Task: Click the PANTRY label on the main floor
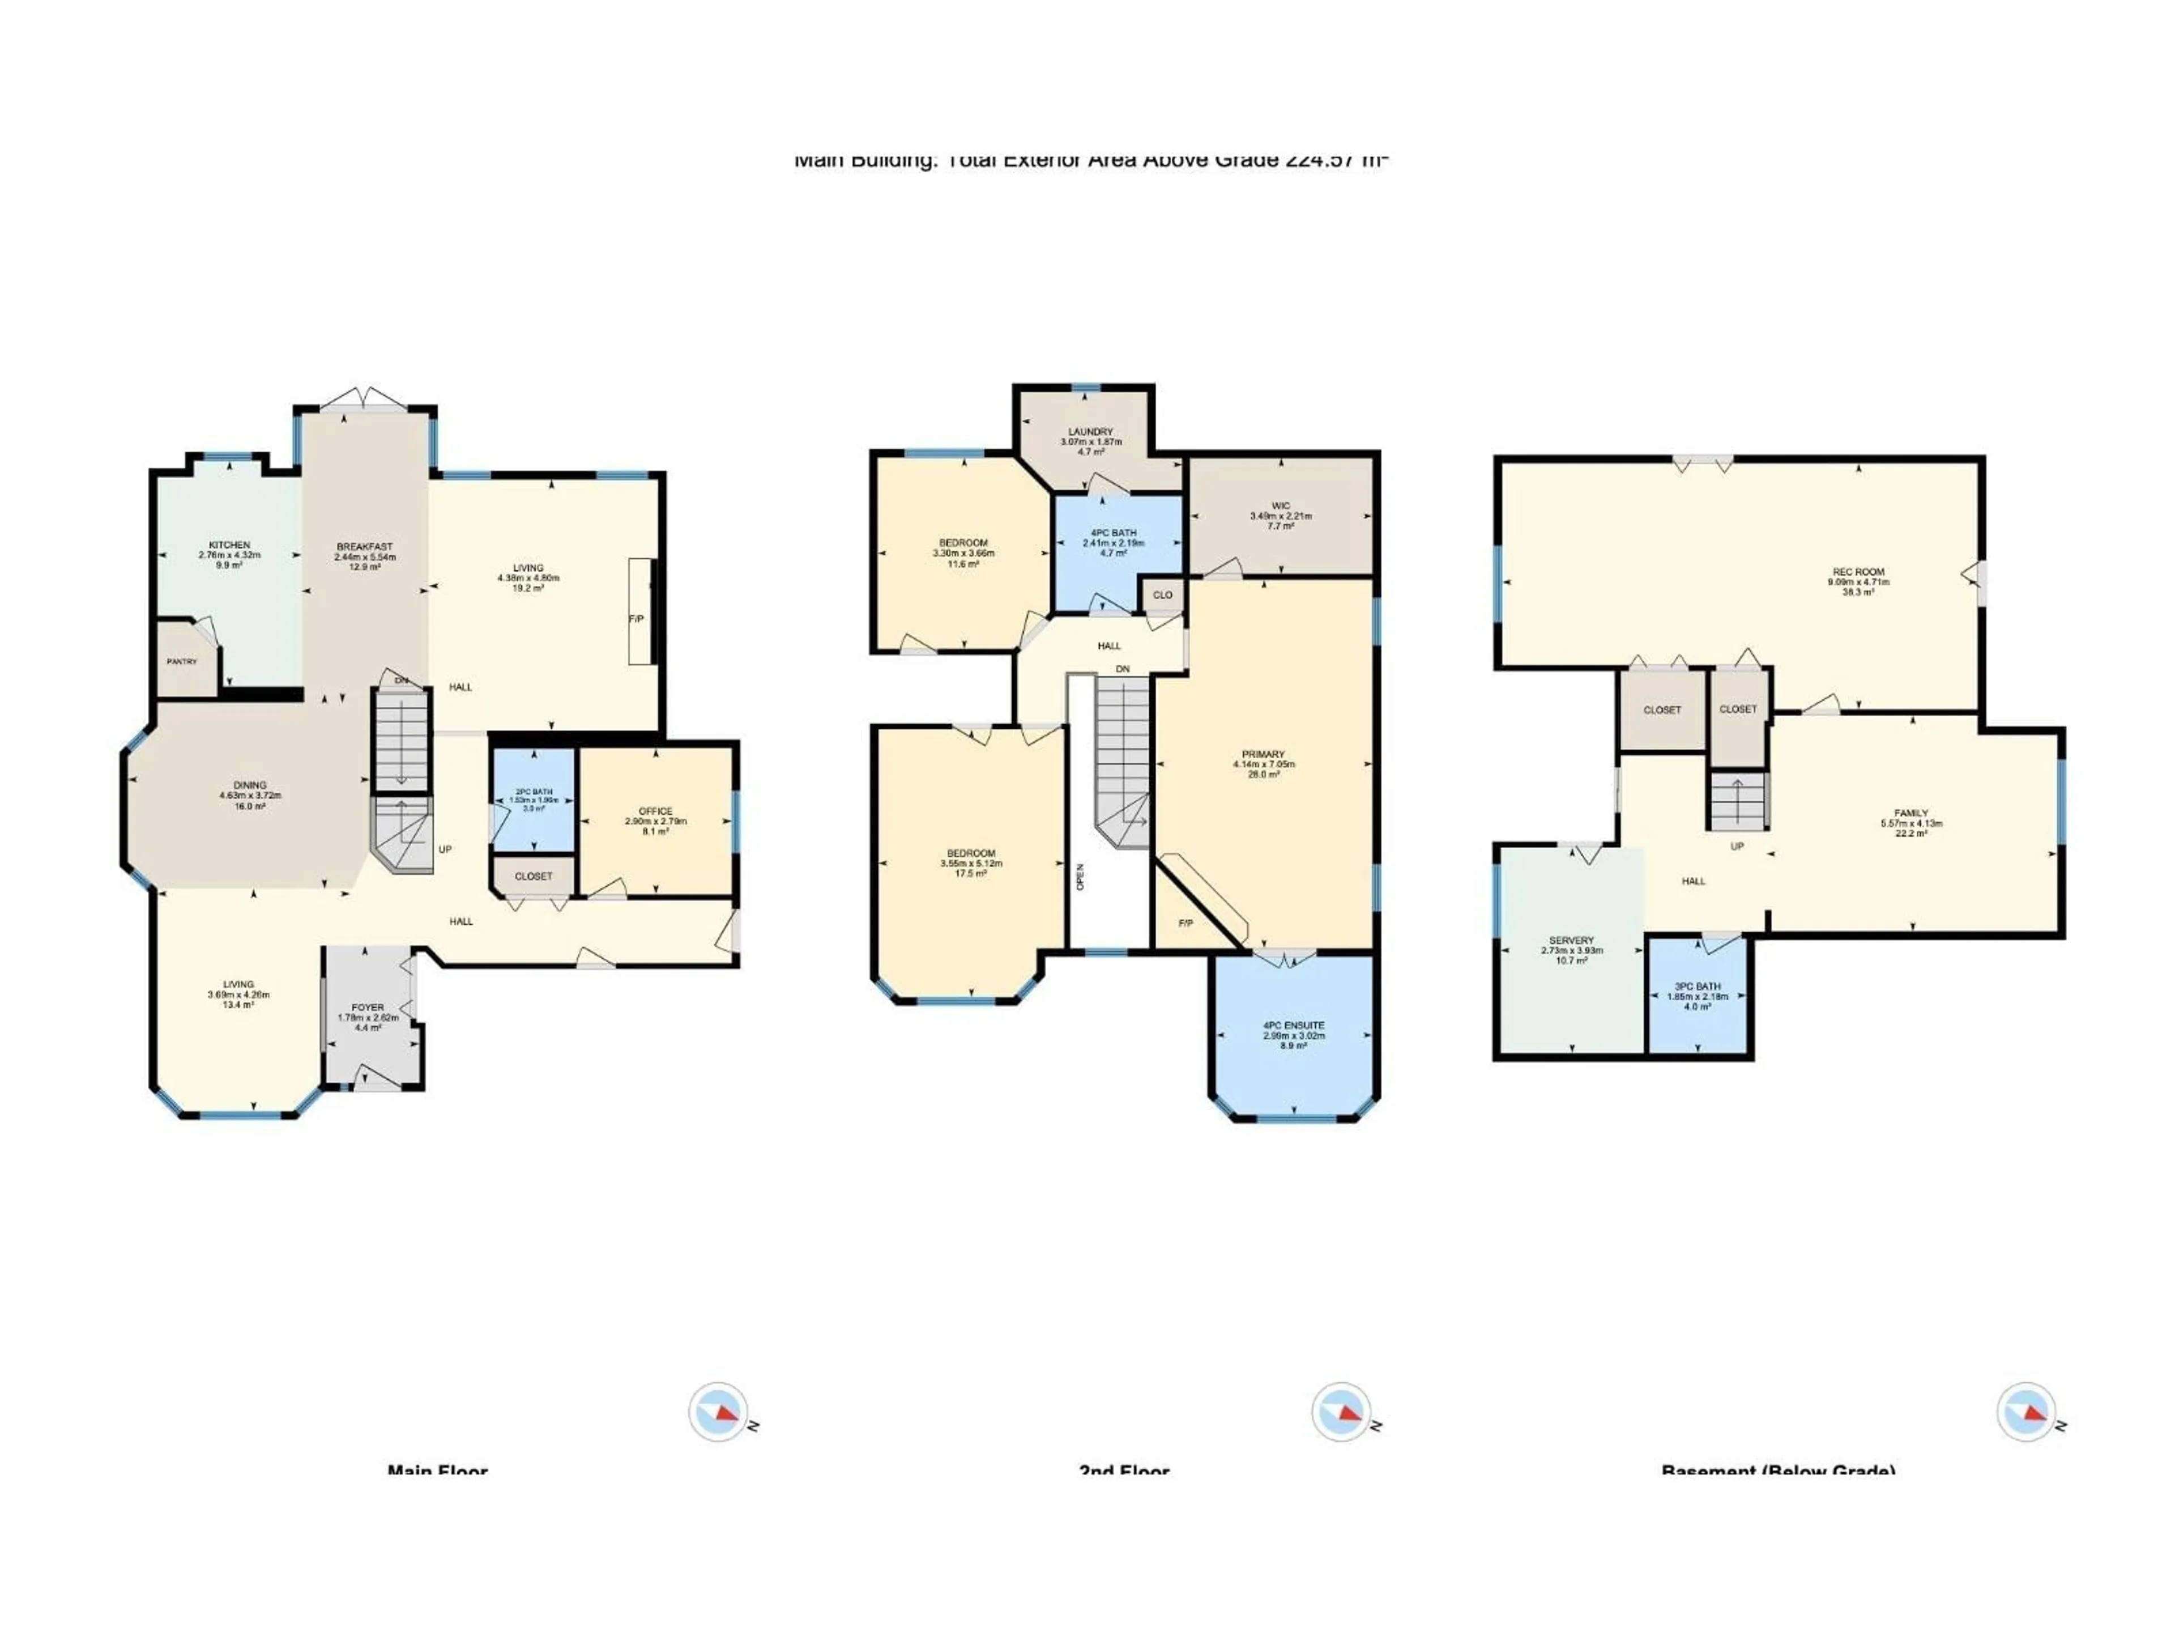[182, 662]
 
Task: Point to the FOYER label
[368, 1008]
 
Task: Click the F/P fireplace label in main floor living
[636, 619]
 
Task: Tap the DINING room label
[250, 785]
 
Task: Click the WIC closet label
[1280, 505]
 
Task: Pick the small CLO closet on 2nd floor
[1162, 595]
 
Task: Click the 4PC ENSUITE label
[1294, 1025]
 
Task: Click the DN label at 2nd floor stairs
[1123, 669]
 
